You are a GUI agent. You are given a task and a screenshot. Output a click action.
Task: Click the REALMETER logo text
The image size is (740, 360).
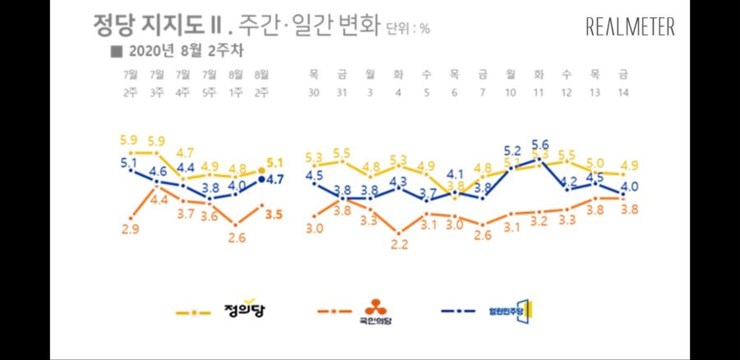(631, 27)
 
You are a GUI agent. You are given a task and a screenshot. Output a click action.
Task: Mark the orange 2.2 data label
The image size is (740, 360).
(399, 243)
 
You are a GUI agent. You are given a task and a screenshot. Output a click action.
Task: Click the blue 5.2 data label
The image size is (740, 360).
(511, 150)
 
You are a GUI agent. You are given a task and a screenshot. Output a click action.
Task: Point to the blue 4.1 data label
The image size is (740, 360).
(455, 173)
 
